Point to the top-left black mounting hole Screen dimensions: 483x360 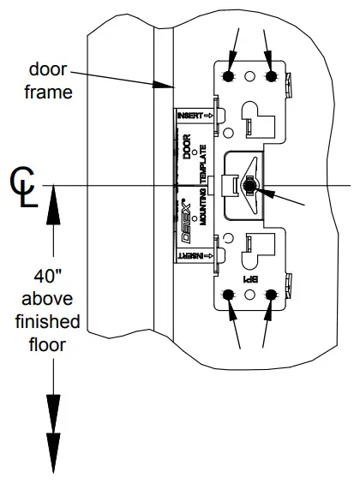[230, 76]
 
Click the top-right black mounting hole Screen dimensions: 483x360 [272, 76]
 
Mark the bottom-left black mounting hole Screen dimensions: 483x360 [230, 295]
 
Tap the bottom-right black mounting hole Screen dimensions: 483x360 [272, 295]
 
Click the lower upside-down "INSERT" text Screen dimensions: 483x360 [192, 255]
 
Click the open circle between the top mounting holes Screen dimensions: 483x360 [251, 76]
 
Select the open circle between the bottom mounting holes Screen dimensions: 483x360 [251, 295]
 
